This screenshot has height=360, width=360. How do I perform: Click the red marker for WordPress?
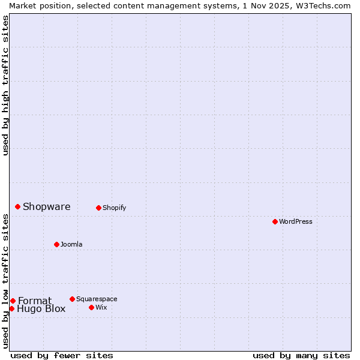point(275,221)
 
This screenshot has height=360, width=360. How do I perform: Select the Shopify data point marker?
point(98,208)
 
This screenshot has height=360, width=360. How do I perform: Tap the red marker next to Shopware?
point(18,206)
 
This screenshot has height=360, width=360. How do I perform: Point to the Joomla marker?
point(56,244)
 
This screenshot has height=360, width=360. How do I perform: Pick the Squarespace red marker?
point(72,299)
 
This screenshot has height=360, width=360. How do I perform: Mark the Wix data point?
point(91,307)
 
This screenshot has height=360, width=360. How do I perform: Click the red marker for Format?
point(13,301)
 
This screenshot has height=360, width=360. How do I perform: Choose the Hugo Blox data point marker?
point(11,308)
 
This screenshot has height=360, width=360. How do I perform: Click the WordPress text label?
point(296,221)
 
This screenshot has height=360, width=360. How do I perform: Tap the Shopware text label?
point(47,206)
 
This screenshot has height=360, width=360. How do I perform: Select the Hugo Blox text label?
point(41,309)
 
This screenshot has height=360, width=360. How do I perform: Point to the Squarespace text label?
point(97,299)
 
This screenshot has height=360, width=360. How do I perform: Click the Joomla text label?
point(71,244)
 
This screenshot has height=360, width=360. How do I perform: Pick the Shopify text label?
point(114,208)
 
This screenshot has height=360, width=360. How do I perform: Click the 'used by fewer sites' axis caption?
point(62,355)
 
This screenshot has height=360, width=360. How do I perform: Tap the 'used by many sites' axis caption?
point(301,355)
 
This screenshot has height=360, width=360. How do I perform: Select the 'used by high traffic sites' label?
point(5,85)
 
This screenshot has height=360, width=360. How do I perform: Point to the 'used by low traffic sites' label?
point(5,281)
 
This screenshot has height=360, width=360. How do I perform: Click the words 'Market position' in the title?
point(37,5)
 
